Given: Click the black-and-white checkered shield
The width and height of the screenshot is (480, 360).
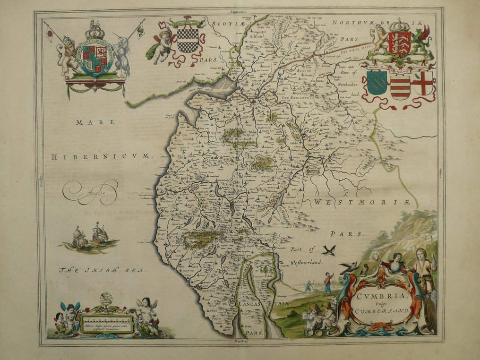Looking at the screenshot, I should (x=187, y=40).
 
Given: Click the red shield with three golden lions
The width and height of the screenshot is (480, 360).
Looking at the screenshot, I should (x=399, y=44).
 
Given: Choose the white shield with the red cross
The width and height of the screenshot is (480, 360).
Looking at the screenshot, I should (x=423, y=83).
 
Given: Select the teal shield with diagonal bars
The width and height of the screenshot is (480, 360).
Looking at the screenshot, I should (x=377, y=83).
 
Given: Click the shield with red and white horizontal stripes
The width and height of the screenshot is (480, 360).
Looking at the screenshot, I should (x=400, y=86).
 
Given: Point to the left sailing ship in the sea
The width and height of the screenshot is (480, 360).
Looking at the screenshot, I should (x=79, y=237).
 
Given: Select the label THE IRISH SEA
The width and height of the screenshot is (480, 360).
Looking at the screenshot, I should (x=103, y=270).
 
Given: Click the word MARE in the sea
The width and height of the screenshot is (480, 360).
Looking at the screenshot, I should (x=95, y=122).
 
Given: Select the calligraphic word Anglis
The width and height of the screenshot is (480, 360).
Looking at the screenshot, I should (x=91, y=193).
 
